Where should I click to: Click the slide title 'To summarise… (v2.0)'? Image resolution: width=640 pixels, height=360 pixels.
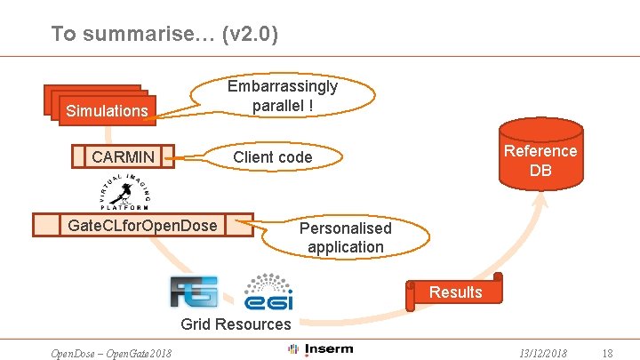164,34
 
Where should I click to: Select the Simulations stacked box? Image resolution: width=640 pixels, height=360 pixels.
107,110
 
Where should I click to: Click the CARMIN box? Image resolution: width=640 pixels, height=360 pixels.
123,157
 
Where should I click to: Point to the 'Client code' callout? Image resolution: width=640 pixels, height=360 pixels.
272,157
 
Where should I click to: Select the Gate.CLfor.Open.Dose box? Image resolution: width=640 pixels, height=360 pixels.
142,226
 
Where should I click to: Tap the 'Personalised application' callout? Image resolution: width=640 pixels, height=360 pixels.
345,237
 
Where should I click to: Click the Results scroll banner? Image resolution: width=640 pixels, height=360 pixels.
455,292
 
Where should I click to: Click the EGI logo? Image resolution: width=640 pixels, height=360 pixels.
269,291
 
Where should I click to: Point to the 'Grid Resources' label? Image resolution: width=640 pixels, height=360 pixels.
236,324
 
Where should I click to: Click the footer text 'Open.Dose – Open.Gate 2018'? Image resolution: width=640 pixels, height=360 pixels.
111,353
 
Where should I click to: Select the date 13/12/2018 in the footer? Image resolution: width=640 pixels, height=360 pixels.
543,353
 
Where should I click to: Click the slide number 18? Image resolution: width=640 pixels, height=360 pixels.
607,353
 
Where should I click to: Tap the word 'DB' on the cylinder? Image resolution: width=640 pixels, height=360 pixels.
540,170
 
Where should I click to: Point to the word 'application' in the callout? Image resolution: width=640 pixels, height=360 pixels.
346,247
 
